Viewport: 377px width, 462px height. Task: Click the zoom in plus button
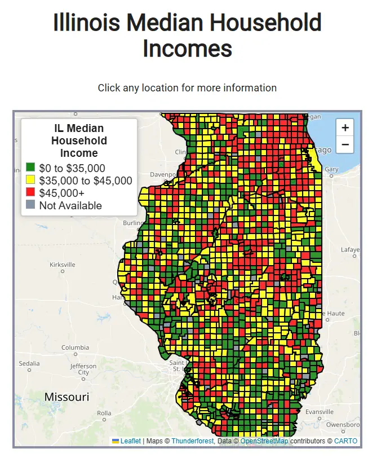(345, 127)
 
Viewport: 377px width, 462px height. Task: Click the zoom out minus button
(345, 144)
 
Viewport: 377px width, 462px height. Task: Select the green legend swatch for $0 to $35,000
(30, 168)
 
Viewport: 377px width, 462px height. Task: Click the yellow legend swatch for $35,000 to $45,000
(30, 180)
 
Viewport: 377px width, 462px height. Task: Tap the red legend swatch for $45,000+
(30, 192)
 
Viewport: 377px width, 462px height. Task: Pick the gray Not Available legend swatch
(30, 205)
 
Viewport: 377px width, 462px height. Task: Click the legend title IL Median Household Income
(79, 141)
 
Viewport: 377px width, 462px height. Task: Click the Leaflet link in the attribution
(130, 441)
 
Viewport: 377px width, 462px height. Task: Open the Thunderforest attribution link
(193, 441)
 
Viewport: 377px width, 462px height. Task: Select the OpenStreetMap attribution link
(264, 441)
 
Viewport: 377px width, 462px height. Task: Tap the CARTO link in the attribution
(345, 441)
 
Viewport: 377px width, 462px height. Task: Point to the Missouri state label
(66, 397)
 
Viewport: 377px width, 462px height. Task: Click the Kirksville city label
(62, 265)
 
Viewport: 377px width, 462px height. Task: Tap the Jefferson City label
(83, 369)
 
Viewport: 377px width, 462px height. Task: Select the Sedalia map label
(29, 363)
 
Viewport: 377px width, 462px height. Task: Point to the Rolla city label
(103, 413)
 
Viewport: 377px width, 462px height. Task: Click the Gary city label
(331, 169)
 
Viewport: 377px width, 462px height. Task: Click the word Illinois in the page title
(86, 24)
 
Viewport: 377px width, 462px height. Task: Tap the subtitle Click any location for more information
(187, 88)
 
